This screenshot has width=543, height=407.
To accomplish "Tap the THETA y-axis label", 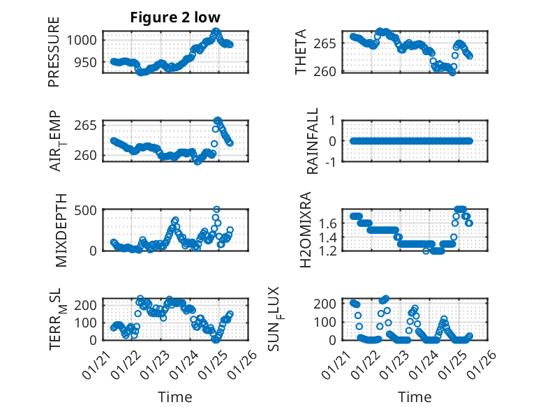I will click(301, 52).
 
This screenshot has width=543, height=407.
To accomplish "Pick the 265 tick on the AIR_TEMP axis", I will click(87, 126).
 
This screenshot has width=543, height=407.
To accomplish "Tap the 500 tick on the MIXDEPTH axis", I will click(87, 209).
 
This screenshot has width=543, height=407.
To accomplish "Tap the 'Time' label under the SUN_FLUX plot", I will click(415, 397).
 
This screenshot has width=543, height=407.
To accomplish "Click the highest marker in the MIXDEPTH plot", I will click(216, 209).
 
